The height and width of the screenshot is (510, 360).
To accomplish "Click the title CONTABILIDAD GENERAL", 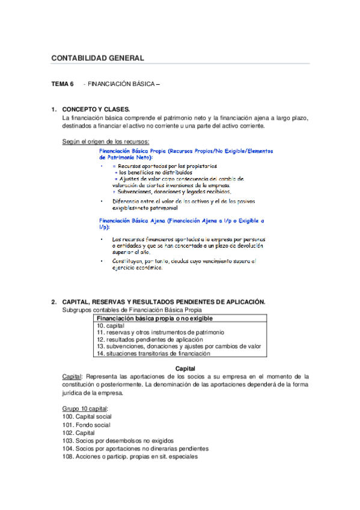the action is (97, 58).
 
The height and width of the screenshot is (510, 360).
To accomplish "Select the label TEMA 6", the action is (63, 85).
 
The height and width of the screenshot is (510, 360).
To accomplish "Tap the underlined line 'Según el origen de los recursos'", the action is (106, 141).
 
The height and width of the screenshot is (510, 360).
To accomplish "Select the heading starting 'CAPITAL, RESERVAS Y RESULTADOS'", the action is (163, 302).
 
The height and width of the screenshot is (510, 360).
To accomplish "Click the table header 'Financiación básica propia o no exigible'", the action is (155, 319).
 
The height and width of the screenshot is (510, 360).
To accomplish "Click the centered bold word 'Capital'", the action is (185, 368).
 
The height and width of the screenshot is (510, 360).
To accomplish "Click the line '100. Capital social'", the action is (87, 417).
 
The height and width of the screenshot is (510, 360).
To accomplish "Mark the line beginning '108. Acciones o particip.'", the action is (129, 456).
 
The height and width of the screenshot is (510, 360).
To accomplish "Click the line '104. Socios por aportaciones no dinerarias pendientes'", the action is (135, 449).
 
